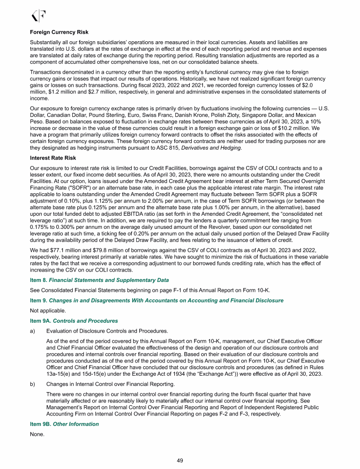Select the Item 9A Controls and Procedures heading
coord(74,321)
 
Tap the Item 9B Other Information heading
coord(64,424)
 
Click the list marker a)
coord(32,331)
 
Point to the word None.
coord(37,434)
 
